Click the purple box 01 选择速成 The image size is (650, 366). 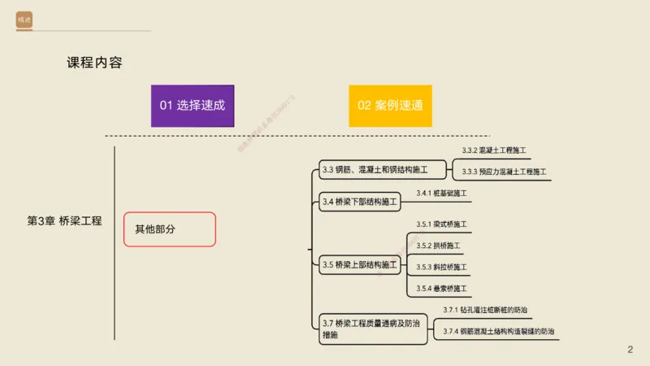[192, 106]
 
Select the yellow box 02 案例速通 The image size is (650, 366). [390, 106]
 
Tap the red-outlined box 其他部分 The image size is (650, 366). [169, 229]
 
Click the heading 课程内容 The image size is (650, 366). [94, 63]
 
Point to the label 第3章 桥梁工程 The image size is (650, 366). [65, 220]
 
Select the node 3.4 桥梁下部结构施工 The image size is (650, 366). [360, 201]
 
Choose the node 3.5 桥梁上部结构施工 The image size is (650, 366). [360, 264]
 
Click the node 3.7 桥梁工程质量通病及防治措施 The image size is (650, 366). [373, 329]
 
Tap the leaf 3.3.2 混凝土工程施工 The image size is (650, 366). [494, 151]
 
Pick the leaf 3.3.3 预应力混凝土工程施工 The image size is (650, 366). [504, 172]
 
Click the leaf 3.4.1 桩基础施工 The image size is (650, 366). [442, 194]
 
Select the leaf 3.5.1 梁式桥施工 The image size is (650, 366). [442, 224]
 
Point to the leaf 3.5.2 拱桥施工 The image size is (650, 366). [439, 246]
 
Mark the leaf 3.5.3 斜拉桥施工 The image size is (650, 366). [442, 267]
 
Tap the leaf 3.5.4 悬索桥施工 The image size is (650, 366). [442, 289]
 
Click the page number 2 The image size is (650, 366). [629, 349]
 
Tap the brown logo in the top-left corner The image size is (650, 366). [24, 19]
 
